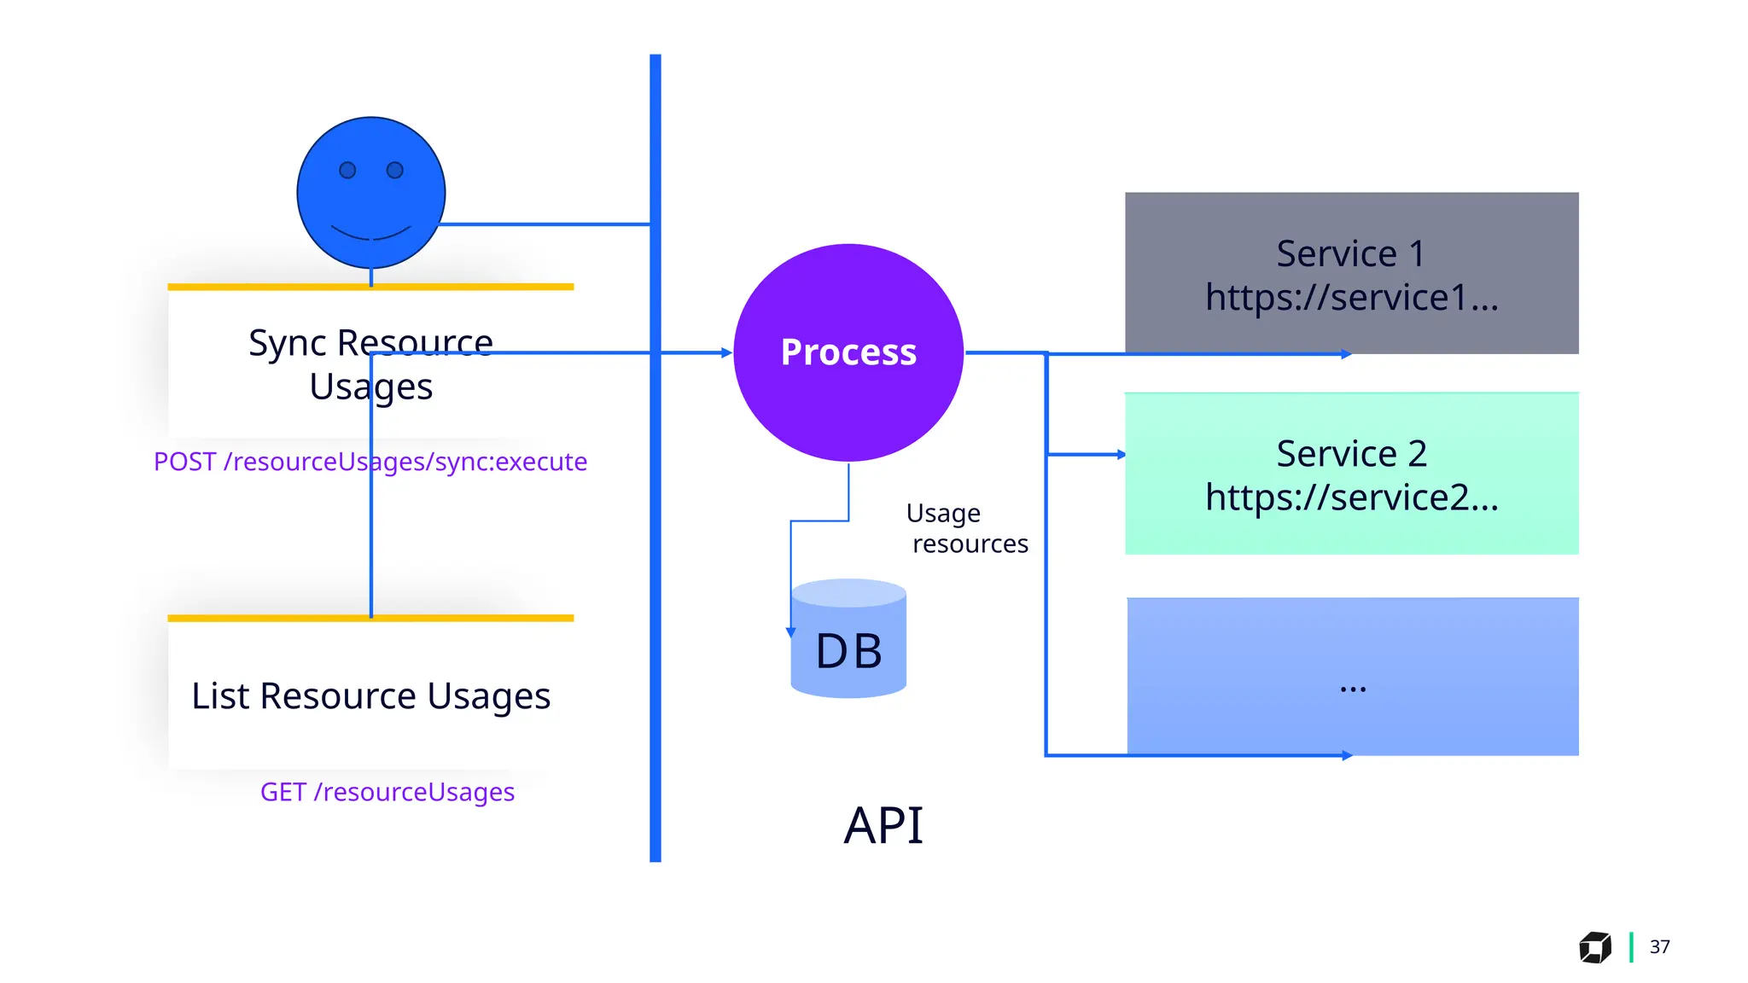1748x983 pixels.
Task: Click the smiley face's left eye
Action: [x=347, y=171]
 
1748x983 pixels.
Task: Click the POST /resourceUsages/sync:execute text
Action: [x=370, y=462]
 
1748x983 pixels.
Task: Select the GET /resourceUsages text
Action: [x=387, y=792]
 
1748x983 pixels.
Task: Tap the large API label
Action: [x=883, y=826]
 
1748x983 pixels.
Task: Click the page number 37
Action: [x=1659, y=947]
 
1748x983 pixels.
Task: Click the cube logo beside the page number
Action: [x=1594, y=947]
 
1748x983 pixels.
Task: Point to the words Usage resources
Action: [x=966, y=528]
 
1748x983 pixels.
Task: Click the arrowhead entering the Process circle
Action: [x=726, y=352]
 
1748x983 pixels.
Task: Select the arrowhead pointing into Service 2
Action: [x=1121, y=455]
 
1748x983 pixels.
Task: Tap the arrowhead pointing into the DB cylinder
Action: [x=791, y=632]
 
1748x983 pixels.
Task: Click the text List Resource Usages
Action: [x=370, y=695]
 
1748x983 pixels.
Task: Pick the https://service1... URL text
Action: [x=1351, y=298]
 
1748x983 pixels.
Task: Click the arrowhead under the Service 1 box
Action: [x=1346, y=354]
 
